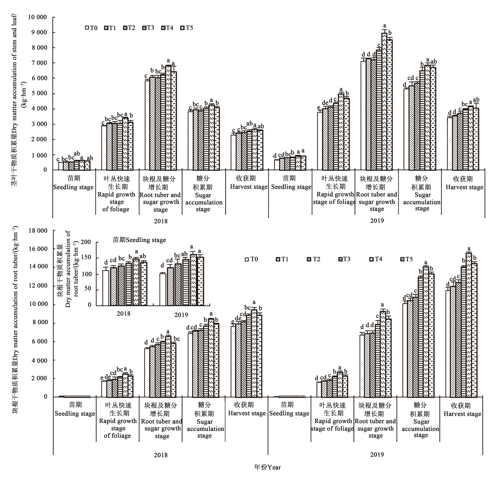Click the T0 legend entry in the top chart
[x=91, y=28]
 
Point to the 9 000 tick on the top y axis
[x=38, y=32]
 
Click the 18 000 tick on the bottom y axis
[x=38, y=231]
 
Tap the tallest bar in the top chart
[x=384, y=101]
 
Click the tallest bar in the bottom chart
[x=469, y=324]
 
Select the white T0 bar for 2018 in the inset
[x=105, y=288]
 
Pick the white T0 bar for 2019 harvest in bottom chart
[x=448, y=343]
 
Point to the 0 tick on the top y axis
[x=45, y=170]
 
